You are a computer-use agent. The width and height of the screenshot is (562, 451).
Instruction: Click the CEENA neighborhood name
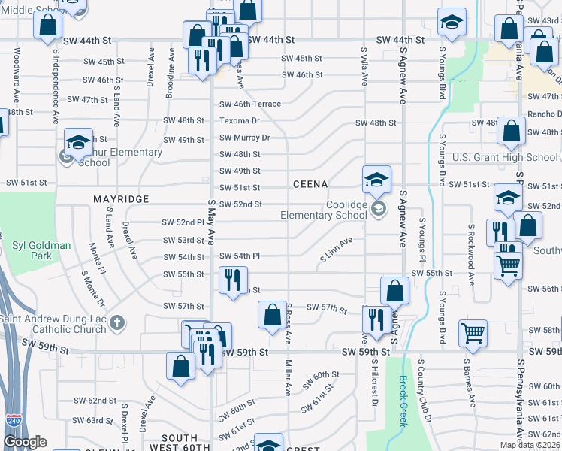coord(310,184)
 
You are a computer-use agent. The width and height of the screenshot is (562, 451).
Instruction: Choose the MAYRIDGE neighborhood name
coord(121,199)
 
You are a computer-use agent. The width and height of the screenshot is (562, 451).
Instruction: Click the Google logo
coord(25,443)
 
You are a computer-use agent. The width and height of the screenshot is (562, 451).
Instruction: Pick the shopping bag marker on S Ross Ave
coord(272,314)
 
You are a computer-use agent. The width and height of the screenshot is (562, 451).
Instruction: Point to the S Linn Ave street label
coord(336,250)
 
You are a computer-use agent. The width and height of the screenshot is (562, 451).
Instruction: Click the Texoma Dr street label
coord(240,120)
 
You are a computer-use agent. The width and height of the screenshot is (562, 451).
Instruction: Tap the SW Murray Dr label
coord(244,138)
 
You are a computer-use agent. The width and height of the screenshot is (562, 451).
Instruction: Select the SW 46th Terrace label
coord(250,104)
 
